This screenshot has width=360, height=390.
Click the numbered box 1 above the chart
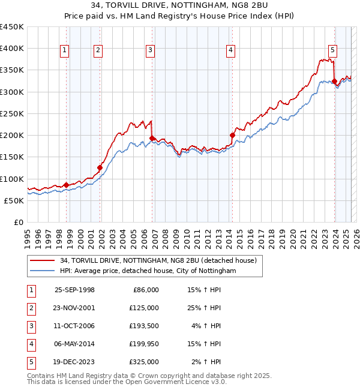[64, 51]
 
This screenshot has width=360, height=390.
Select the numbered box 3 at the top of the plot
[150, 51]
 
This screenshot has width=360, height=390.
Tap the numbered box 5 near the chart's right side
[332, 51]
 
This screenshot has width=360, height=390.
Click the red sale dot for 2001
[100, 167]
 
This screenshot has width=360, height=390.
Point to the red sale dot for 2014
[232, 135]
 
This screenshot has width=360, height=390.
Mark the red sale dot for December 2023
[334, 81]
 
